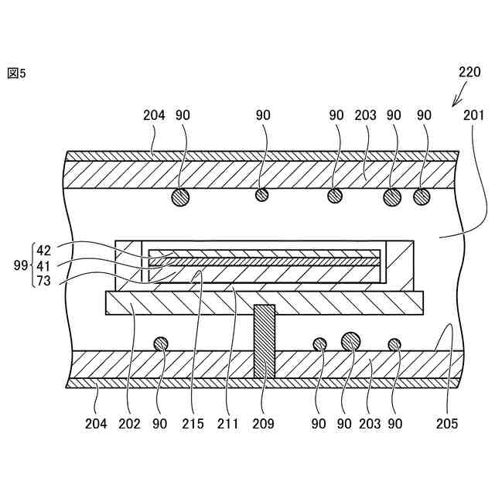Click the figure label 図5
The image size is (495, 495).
point(16,73)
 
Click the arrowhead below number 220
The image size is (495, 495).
point(454,103)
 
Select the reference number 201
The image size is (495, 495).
point(473,115)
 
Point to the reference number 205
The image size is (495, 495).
point(446,423)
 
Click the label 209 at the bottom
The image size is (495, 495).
point(265,423)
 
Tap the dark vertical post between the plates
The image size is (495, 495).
point(265,340)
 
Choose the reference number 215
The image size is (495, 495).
point(194,423)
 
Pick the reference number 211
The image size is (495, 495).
point(229,423)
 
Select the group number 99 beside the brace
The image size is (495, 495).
point(21,265)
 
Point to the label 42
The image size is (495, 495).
point(43,251)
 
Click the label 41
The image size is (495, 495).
point(43,265)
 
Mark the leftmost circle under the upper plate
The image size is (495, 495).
point(180,196)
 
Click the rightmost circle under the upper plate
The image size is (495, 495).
point(422,196)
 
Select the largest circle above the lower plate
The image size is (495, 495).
point(350,340)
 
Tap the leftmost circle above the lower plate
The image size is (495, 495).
point(162,343)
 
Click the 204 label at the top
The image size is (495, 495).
point(154,115)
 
